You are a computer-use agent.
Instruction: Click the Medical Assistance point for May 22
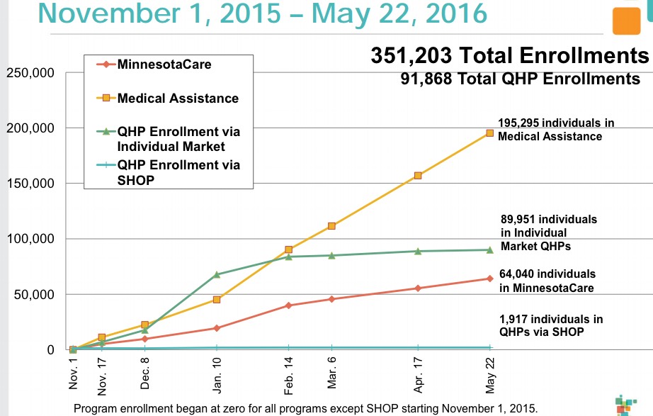coord(489,133)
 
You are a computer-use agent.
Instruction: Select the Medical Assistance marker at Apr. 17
coord(418,175)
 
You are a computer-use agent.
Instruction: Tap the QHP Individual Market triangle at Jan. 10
coord(217,274)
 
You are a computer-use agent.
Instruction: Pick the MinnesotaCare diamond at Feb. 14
coord(289,305)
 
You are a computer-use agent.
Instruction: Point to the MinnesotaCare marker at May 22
coord(489,279)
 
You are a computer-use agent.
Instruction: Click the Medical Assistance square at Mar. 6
coord(331,226)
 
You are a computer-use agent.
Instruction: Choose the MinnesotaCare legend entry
coord(164,64)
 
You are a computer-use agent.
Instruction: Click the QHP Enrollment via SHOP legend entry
coord(178,172)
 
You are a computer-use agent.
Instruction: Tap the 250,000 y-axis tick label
coord(28,73)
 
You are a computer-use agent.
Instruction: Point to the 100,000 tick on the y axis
coord(28,239)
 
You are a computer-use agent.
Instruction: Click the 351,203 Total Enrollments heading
coord(509,55)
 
